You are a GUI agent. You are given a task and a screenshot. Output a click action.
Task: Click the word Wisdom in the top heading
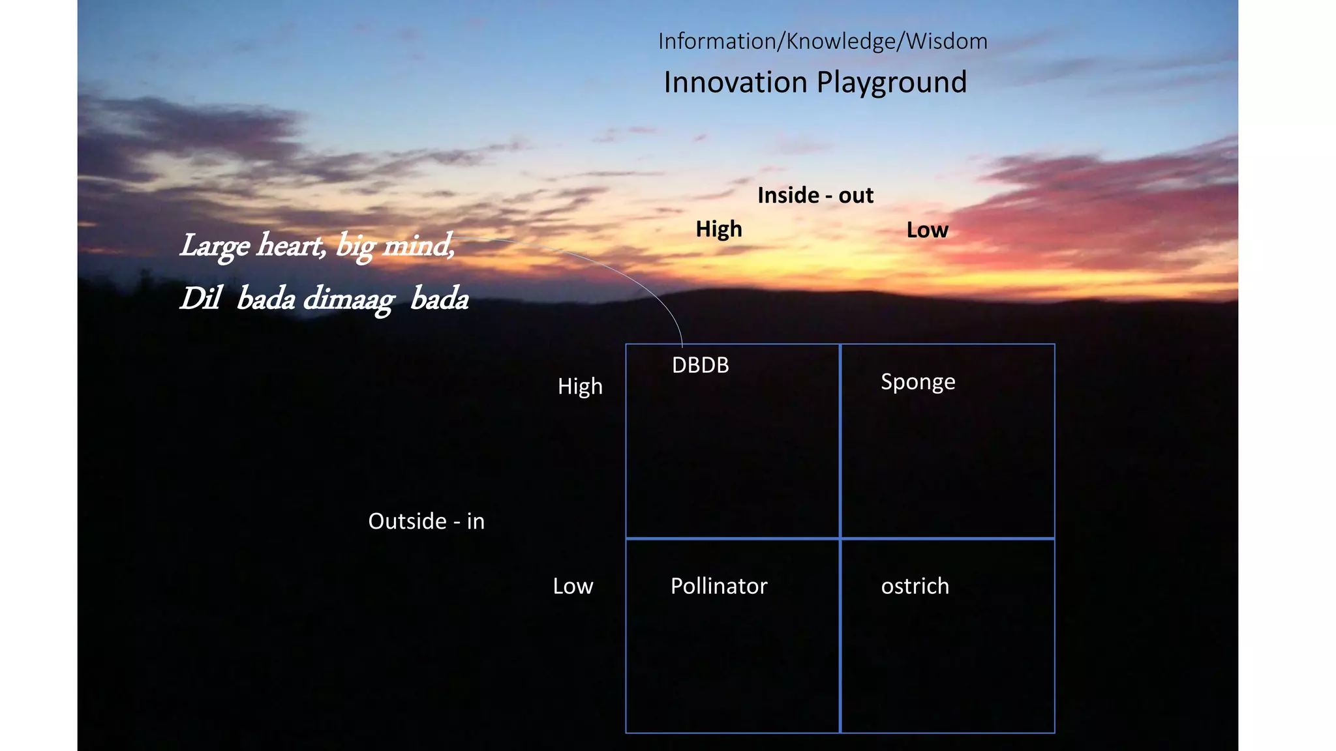coord(947,42)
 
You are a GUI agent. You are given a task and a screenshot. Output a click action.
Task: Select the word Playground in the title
coord(891,83)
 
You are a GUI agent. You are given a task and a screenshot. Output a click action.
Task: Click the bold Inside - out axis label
coord(815,196)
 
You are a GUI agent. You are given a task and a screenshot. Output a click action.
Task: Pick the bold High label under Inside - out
coord(718,229)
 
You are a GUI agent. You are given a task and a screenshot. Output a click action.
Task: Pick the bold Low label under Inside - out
coord(927,230)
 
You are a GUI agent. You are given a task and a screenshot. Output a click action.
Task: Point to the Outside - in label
coord(426,522)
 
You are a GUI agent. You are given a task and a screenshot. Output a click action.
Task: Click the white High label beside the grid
coord(580,387)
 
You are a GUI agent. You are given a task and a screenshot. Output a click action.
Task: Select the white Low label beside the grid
coord(573,586)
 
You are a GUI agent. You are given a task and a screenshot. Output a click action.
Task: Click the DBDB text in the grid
coord(700,366)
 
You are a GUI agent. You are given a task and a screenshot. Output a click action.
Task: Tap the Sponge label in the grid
coord(917,382)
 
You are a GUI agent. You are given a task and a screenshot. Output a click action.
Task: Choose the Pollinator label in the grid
coord(719,586)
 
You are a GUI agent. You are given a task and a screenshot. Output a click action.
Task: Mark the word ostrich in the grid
coord(915,586)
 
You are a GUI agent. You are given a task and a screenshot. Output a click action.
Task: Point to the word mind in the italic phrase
coord(417,246)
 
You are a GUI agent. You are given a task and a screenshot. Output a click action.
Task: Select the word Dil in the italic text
coord(200,299)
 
